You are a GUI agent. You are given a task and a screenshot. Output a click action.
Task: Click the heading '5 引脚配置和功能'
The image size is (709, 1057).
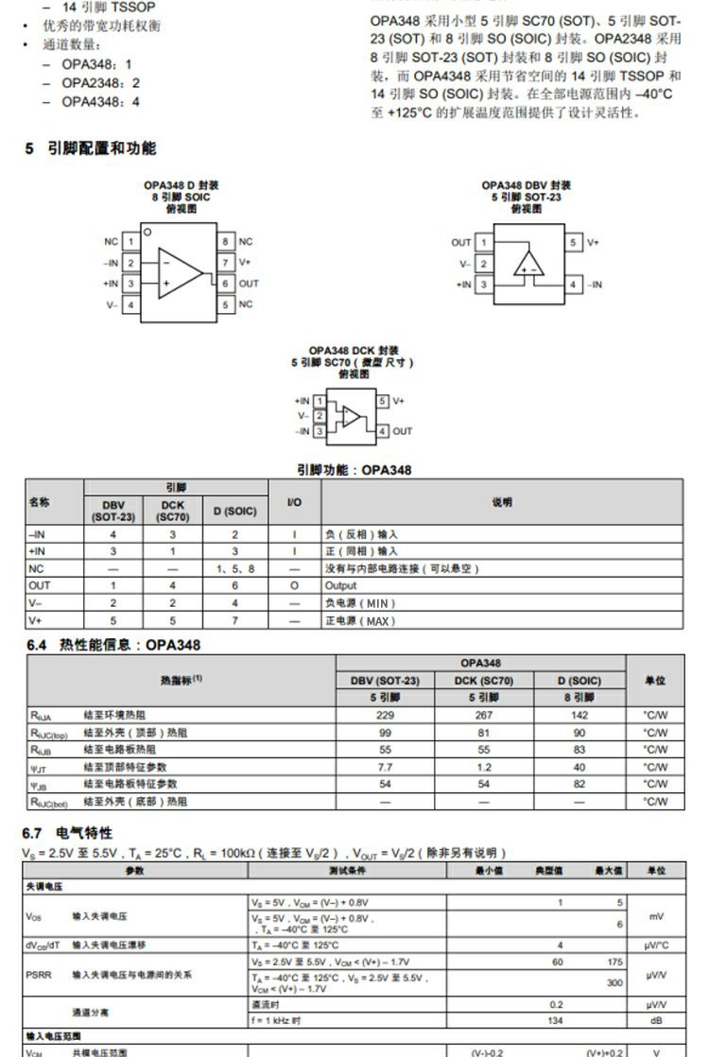tap(91, 148)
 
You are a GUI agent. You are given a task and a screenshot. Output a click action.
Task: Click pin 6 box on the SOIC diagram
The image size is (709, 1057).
tap(225, 283)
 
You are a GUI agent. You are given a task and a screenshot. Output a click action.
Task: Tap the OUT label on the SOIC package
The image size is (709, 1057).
tap(249, 283)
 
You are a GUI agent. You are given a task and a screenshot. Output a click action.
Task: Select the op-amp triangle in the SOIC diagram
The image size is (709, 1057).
tap(180, 272)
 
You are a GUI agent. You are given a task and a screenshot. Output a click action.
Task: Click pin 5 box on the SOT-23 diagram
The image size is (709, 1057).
tap(573, 242)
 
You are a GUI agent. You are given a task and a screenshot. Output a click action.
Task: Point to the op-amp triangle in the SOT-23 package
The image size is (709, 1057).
tap(528, 264)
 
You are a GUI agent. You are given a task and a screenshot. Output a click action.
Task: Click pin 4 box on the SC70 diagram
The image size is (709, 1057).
tap(383, 431)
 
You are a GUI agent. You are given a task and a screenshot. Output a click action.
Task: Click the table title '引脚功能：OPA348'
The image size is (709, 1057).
tap(354, 470)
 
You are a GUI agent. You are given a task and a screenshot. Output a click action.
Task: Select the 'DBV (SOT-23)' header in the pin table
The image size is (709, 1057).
tap(113, 511)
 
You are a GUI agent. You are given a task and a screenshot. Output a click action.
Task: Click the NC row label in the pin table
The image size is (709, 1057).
tap(36, 568)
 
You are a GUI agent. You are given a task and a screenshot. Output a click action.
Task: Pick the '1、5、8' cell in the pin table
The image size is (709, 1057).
tap(235, 568)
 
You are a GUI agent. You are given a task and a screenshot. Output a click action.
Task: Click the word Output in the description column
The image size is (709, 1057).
tap(340, 585)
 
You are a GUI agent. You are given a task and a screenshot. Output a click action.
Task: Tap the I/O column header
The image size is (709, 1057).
tap(294, 501)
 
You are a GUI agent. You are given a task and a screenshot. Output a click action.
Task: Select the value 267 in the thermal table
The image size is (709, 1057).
tap(483, 716)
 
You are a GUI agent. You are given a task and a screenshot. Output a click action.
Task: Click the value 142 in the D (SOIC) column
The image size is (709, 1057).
tap(579, 716)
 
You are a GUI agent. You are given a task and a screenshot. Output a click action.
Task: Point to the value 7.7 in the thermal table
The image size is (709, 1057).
tap(385, 767)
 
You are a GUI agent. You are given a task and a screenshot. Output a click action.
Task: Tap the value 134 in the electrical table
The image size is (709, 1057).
tap(556, 1020)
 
